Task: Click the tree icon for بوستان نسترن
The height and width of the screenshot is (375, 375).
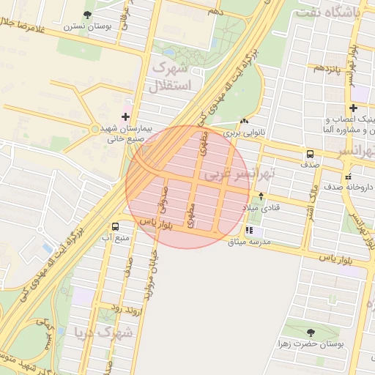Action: point(88,15)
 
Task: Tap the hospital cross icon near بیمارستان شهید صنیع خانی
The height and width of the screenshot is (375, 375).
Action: point(125,116)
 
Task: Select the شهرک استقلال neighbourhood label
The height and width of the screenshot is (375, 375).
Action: point(170,77)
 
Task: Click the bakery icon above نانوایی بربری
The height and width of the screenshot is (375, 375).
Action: point(244,122)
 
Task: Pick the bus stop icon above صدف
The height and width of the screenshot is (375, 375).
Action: point(311,154)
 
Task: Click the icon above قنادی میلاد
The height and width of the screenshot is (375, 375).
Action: point(262,196)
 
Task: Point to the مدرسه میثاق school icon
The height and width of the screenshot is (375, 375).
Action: point(249,230)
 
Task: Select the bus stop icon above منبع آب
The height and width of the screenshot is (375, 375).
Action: point(115,226)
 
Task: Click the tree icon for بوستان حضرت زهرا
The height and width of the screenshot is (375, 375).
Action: point(311,332)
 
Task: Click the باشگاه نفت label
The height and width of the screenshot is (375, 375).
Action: point(335,12)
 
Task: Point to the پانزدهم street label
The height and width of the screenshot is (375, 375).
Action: point(327,67)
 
